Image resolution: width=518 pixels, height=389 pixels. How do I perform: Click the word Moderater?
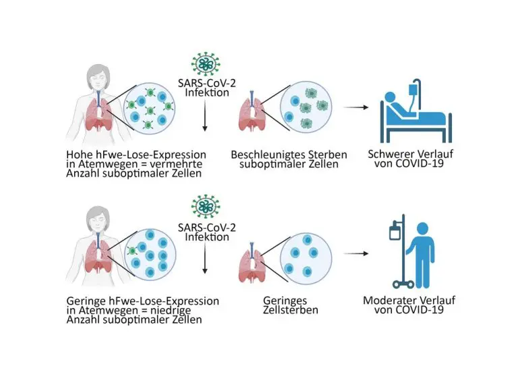point(391,300)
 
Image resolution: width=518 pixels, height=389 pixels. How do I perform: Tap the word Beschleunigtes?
point(265,155)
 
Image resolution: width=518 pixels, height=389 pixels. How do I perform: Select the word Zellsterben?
point(289,311)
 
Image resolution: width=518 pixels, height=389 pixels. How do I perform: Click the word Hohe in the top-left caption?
point(80,155)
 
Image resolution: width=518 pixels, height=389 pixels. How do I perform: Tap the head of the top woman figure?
point(94,77)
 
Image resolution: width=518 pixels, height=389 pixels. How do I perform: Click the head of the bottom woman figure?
point(94,219)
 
